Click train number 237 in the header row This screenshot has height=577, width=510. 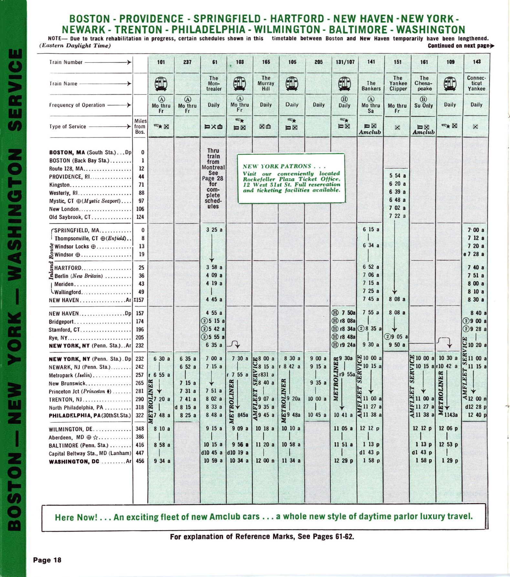[187, 62]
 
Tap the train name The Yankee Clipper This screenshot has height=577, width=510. [398, 83]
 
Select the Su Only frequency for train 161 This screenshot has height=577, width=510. [424, 106]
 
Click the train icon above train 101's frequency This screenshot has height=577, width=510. [161, 84]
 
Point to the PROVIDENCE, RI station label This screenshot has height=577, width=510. [69, 177]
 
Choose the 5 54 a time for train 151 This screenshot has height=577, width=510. [397, 176]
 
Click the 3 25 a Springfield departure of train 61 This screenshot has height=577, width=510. [214, 230]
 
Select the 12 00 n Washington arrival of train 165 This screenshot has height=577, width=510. [266, 461]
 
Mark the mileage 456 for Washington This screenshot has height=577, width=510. [140, 461]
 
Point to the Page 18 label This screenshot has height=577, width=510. [47, 560]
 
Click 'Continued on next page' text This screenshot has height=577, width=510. [461, 46]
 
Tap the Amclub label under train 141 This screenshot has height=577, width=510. [370, 132]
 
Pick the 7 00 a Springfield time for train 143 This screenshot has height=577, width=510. [476, 230]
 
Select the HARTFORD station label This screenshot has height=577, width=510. [68, 268]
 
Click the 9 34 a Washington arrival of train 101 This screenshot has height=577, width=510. [162, 461]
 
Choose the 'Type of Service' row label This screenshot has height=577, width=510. [68, 127]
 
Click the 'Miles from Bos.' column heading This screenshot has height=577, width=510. [140, 126]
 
